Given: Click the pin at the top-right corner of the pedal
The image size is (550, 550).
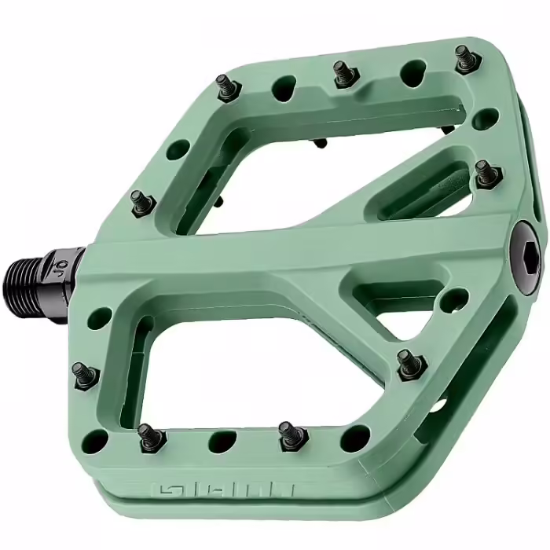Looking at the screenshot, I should pyautogui.click(x=464, y=57).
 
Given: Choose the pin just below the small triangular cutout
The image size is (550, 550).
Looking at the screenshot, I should pyautogui.click(x=409, y=363).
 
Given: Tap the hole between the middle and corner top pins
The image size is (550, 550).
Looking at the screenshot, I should pyautogui.click(x=412, y=73).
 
